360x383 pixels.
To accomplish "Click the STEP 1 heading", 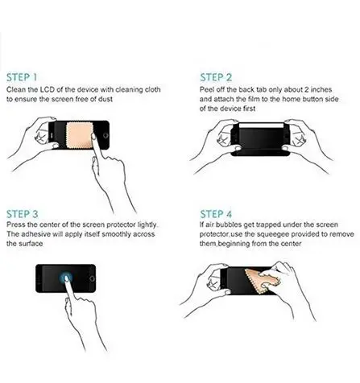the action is point(22,77).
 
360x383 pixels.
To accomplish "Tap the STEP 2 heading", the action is point(216,77).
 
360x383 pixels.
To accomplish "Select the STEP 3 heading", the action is point(23,214).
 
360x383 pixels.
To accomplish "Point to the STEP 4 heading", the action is point(216,214).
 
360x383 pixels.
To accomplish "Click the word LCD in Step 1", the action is point(48,89).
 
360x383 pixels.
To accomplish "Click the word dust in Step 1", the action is point(105,99).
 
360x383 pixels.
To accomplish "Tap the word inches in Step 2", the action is point(321,89).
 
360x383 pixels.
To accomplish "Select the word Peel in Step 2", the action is point(206,89).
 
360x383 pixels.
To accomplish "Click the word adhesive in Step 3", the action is point(35,234).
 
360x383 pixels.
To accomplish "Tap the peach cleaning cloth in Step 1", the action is point(81,135).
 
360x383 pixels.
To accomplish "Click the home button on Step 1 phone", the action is point(106,135).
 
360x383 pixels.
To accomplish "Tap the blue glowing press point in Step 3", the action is point(65,278).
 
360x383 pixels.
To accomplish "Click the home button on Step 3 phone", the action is point(92,278).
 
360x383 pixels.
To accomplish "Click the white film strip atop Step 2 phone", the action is point(261,125).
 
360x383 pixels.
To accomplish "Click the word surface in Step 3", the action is point(32,244).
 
